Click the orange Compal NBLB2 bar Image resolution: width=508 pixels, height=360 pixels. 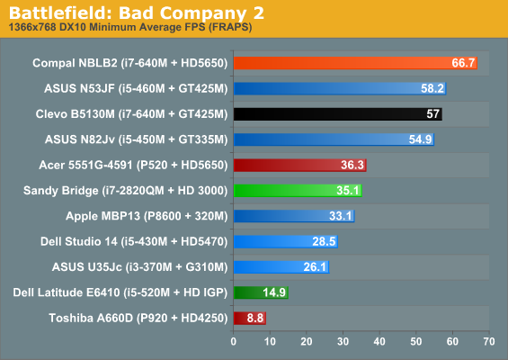click(x=355, y=63)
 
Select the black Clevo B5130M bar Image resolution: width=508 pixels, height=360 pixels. click(x=338, y=113)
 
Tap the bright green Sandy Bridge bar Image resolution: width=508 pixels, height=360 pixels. click(x=298, y=191)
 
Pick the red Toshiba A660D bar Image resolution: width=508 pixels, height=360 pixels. click(x=250, y=318)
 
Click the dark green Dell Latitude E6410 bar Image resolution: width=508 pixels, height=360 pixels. click(x=261, y=292)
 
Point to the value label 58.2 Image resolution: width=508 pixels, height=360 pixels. click(x=432, y=88)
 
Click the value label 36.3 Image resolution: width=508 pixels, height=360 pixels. click(x=352, y=165)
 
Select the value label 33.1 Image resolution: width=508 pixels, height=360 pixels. click(x=341, y=216)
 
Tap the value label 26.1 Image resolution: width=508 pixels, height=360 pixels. click(x=315, y=267)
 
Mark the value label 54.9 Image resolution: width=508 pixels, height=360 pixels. click(x=420, y=139)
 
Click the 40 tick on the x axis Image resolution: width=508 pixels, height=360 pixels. click(x=379, y=341)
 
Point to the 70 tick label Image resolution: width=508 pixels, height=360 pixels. click(x=489, y=341)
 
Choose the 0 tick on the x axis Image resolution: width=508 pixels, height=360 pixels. click(x=233, y=341)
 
